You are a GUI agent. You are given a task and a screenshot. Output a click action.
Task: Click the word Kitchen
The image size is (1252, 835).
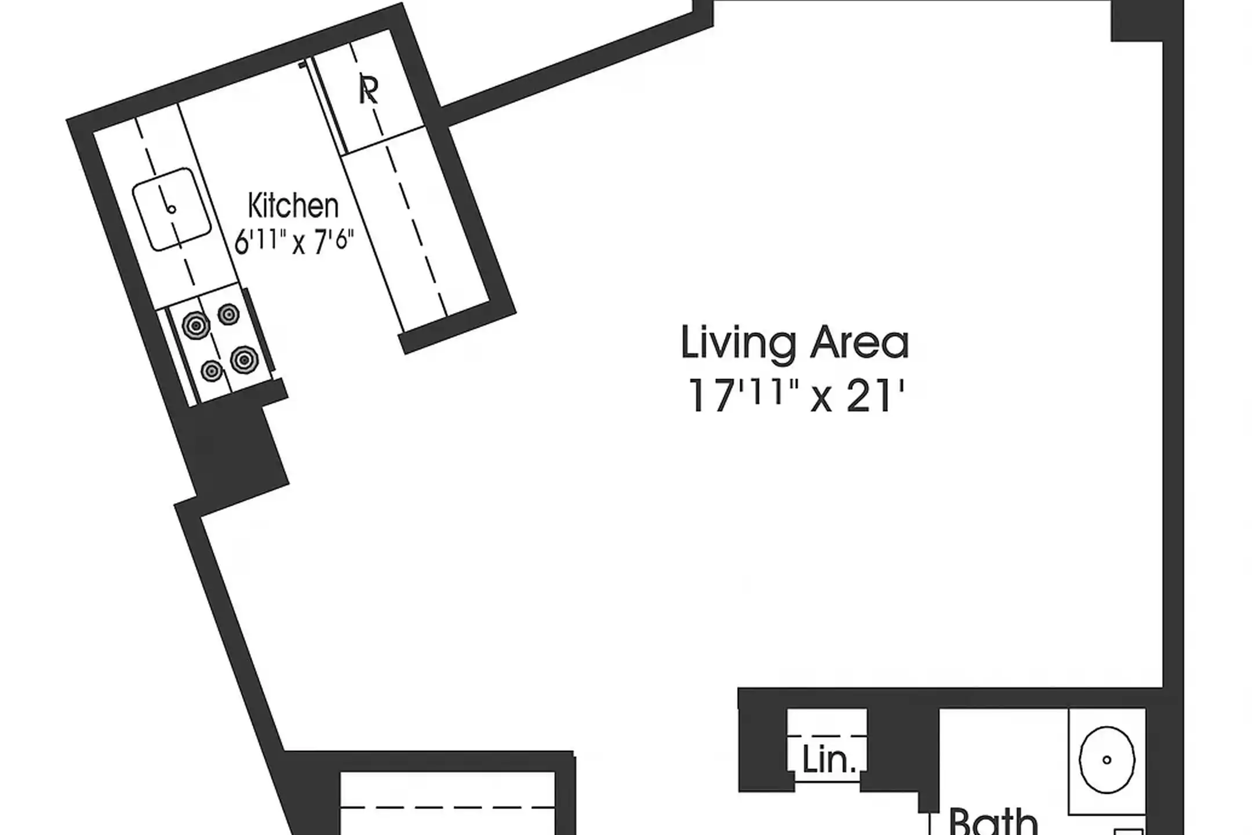pos(293,206)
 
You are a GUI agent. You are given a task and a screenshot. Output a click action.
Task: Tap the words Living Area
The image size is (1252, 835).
pos(795,343)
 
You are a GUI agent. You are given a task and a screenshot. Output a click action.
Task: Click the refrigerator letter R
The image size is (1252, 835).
pos(369,90)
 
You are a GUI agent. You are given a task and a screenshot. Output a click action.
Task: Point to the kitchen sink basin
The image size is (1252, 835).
pos(172,209)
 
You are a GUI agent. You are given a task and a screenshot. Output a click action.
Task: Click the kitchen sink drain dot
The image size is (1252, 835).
pos(171,209)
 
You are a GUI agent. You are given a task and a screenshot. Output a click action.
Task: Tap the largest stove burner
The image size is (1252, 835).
pos(244,360)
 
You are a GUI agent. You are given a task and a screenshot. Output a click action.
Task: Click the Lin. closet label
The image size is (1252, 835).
pos(829,759)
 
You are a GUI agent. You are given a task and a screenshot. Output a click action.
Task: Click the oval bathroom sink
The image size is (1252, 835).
pos(1107,759)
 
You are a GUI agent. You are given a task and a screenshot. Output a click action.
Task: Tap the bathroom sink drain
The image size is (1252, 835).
pos(1107,760)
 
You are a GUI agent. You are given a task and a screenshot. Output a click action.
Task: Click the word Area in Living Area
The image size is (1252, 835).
pos(859,343)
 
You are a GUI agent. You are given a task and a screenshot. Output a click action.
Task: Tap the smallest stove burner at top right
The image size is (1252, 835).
pos(228,315)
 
